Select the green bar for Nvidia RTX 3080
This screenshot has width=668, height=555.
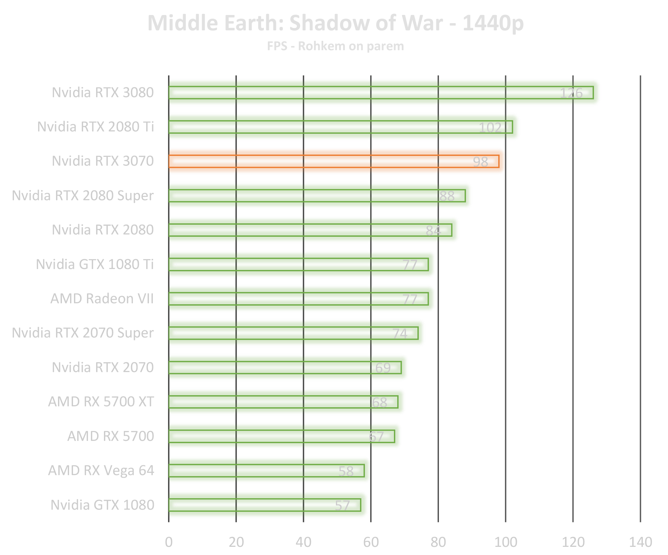tap(358, 92)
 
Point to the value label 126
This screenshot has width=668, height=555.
tap(571, 93)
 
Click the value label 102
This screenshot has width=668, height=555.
tap(490, 127)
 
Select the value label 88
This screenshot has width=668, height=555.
tap(447, 196)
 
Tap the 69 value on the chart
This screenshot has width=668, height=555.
tap(383, 368)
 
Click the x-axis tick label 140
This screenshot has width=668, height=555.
tap(640, 542)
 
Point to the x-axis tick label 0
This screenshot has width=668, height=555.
tap(169, 542)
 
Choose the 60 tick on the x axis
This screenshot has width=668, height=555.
tap(371, 542)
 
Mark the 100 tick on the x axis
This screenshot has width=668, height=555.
tap(506, 542)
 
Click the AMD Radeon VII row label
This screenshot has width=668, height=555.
tap(102, 299)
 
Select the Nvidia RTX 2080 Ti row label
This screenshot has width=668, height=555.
tap(95, 127)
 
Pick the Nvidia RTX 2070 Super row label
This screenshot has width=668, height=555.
tap(83, 333)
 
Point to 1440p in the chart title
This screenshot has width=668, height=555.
tap(493, 23)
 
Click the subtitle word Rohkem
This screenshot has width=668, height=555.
tap(322, 46)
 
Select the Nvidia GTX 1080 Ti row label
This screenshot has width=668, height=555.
tap(95, 264)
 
